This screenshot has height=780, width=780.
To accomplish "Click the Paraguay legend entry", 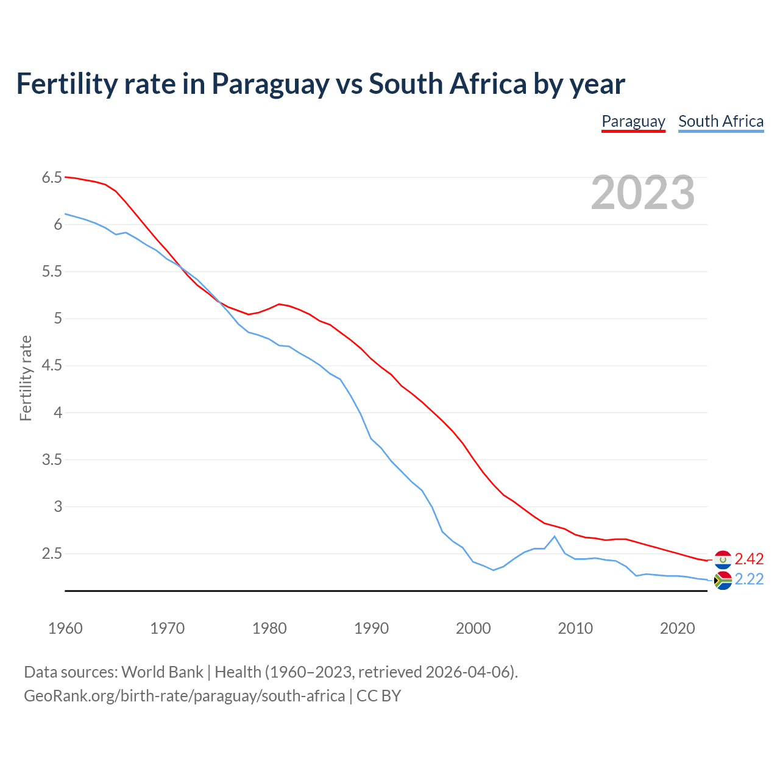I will (x=633, y=121).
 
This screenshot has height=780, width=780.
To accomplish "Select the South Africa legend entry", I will (x=721, y=121).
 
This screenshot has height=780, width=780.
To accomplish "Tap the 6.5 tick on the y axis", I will (x=52, y=178).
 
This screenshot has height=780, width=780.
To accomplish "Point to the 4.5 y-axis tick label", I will (x=52, y=366).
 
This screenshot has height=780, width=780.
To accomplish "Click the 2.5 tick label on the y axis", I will (x=52, y=554).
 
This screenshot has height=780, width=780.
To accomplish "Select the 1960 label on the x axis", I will (x=65, y=628).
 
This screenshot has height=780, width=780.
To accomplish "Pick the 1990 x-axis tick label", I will (x=371, y=628).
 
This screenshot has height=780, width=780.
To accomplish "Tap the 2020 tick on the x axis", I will (x=677, y=628).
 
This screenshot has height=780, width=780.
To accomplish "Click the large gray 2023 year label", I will (x=643, y=193).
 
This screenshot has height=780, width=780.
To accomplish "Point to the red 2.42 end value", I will (x=749, y=559).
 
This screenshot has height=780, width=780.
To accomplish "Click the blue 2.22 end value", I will (x=749, y=580).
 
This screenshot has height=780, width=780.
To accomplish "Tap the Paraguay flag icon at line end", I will (x=723, y=559).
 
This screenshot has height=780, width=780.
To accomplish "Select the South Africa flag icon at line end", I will (x=723, y=580).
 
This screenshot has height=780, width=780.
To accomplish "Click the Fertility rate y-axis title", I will (x=26, y=378).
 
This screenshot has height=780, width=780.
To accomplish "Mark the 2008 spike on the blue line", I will (x=555, y=536).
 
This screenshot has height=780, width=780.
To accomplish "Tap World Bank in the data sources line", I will (x=162, y=672).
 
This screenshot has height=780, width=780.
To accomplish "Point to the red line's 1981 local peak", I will (x=279, y=304).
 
